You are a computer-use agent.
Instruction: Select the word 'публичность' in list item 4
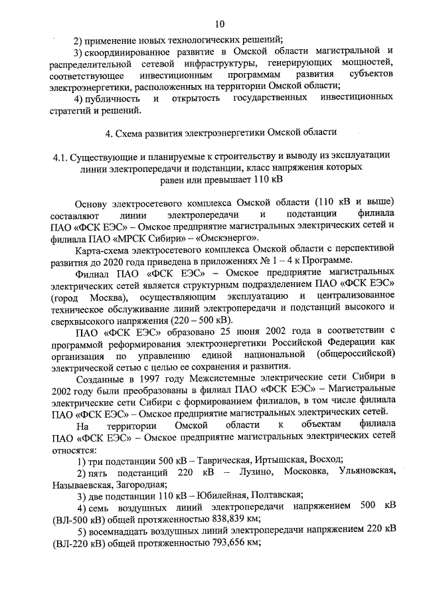[x=112, y=98]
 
